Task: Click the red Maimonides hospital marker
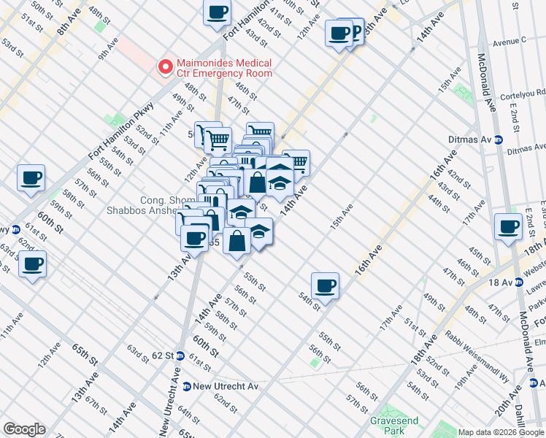pos(166,66)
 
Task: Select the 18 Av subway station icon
pos(518,282)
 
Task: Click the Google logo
pos(24,429)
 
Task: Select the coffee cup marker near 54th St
pos(325,285)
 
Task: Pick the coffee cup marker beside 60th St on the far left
pos(31,177)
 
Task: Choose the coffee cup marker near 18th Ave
pos(507,226)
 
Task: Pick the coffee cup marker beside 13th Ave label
pos(195,238)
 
